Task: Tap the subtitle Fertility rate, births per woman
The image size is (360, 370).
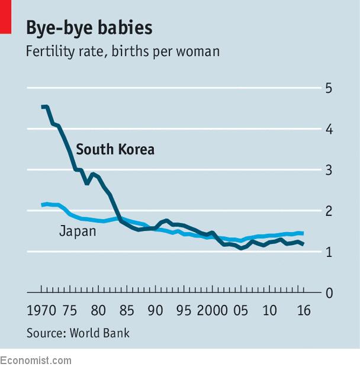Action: click(x=123, y=52)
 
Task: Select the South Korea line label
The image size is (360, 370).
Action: click(x=115, y=149)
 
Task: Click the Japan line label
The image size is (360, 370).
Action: click(x=77, y=231)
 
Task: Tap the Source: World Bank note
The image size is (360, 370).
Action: click(x=78, y=333)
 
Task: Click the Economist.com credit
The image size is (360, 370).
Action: click(x=36, y=361)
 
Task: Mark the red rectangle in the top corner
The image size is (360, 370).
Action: click(x=5, y=17)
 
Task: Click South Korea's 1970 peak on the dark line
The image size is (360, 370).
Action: click(x=43, y=107)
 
